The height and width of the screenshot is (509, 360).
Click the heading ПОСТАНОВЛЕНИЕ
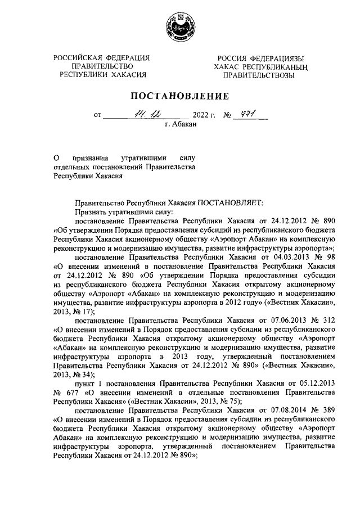[180, 95]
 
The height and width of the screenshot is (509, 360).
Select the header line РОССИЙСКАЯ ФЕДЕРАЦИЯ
[102, 58]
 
